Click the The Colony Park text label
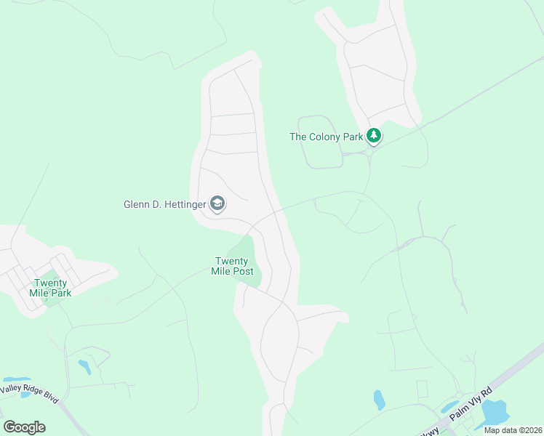[x=326, y=137]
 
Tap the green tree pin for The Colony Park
[x=374, y=136]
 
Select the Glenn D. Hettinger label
[x=164, y=204]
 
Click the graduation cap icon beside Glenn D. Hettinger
[x=217, y=204]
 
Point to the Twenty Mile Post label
[x=233, y=267]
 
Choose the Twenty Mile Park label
[x=50, y=288]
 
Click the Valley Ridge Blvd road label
[x=29, y=392]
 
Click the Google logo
[x=24, y=427]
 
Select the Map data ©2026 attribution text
[x=512, y=430]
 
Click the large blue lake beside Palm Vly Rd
[x=495, y=413]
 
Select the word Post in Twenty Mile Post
[x=243, y=272]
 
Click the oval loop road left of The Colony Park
[x=319, y=142]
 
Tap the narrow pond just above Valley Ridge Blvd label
[x=16, y=380]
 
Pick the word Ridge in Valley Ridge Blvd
[x=34, y=392]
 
